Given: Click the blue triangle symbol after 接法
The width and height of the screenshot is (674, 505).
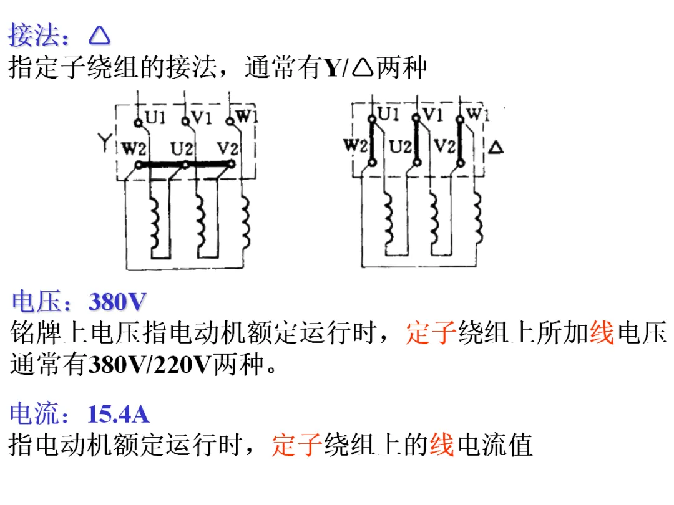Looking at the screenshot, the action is pos(99,36).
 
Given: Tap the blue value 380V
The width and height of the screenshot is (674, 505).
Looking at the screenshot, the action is pos(117,302).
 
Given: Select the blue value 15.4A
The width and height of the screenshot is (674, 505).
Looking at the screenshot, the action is pos(118,415).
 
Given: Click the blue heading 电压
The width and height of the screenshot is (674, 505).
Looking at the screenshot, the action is pos(36,301).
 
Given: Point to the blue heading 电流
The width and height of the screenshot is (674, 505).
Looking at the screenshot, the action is pos(34,414).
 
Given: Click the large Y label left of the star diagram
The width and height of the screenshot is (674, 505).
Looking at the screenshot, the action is pos(104,142).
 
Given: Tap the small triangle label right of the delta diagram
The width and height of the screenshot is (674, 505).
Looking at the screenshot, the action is pos(496,148).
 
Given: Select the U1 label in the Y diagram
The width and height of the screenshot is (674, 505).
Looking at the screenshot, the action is pos(155,117).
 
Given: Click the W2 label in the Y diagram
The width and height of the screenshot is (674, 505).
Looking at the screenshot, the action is pos(134,149).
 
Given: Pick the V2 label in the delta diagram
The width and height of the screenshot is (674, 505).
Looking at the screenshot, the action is pos(444,147).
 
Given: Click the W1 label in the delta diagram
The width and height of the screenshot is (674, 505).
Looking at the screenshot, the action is pos(478,114).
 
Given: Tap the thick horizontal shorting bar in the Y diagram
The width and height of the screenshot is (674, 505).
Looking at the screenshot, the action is pos(185,165).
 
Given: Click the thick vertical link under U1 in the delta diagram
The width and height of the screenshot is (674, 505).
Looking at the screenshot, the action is pos(372,140).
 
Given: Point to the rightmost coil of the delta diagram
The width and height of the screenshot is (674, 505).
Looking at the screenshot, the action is pos(478,218).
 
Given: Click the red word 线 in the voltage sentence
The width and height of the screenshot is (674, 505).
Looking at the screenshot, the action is pos(602,332).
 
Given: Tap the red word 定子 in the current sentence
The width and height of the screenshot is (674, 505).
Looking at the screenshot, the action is pos(296,445).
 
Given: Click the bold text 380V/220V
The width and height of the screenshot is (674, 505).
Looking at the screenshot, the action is pos(150,365).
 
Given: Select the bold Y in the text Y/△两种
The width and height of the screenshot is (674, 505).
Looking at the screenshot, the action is pos(332,69).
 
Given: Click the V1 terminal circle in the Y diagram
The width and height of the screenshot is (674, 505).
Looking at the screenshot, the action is pos(185,122).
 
